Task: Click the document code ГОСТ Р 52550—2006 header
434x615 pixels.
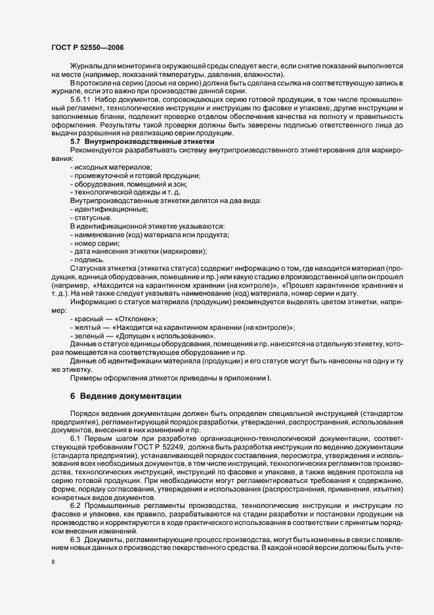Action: [x=87, y=48]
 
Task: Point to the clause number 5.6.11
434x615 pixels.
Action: [x=81, y=99]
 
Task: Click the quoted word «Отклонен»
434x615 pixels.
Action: [x=136, y=318]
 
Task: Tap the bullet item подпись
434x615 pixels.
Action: [x=90, y=260]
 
